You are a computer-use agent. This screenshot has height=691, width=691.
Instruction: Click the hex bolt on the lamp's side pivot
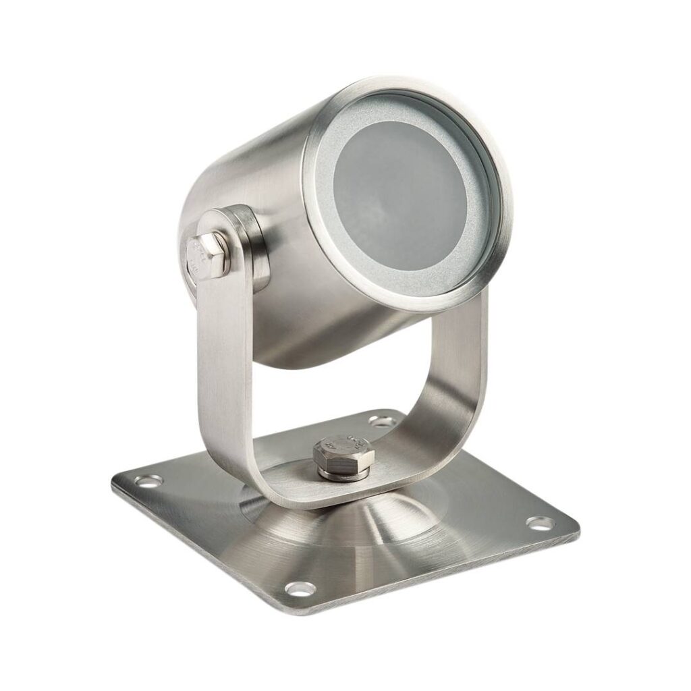204,256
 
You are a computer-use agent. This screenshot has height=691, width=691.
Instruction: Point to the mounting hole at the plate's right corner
539,522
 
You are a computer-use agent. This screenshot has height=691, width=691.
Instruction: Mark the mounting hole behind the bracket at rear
382,422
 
